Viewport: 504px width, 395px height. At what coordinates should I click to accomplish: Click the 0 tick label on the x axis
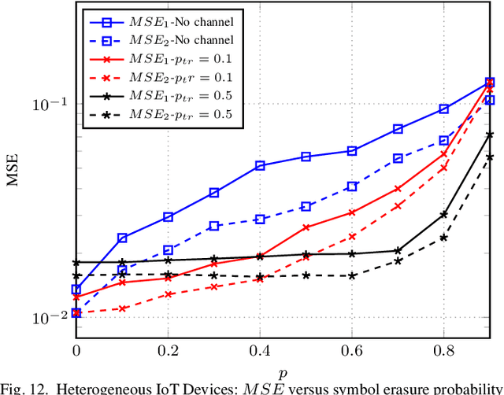pyautogui.click(x=76, y=347)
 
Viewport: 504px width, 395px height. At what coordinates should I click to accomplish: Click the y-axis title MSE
pyautogui.click(x=13, y=172)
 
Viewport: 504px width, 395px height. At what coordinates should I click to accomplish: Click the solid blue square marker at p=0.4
pyautogui.click(x=260, y=166)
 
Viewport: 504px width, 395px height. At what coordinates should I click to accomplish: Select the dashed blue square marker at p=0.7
pyautogui.click(x=398, y=158)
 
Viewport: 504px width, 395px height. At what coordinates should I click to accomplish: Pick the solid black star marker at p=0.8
pyautogui.click(x=444, y=214)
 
